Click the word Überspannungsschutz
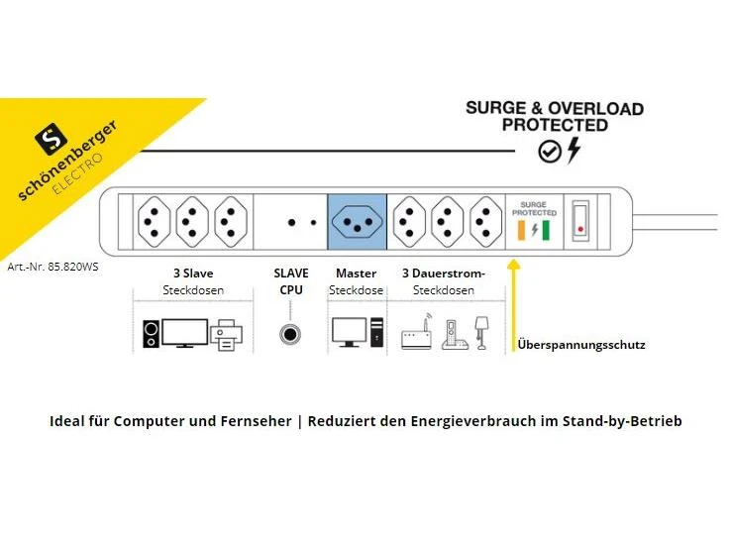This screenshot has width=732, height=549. pyautogui.click(x=581, y=345)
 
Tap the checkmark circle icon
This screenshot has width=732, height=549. pyautogui.click(x=549, y=152)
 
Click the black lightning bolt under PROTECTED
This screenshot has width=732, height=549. pyautogui.click(x=574, y=151)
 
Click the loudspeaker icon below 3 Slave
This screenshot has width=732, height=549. pyautogui.click(x=151, y=335)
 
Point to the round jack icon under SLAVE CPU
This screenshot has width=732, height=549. pyautogui.click(x=289, y=334)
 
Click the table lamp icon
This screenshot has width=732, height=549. pyautogui.click(x=482, y=332)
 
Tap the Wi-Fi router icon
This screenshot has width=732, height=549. pyautogui.click(x=416, y=336)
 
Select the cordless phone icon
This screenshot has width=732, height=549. pyautogui.click(x=451, y=334)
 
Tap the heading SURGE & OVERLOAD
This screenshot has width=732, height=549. pyautogui.click(x=554, y=108)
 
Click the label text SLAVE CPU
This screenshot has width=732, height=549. pyautogui.click(x=290, y=281)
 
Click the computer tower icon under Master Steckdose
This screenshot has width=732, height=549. pyautogui.click(x=376, y=333)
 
